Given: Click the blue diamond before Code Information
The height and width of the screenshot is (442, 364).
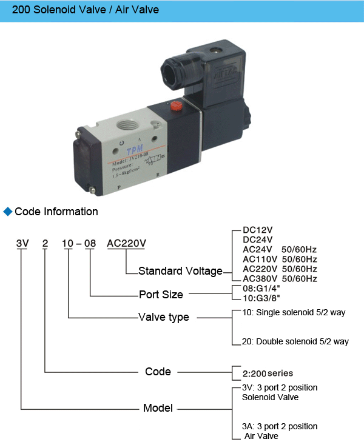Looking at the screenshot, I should (8, 212).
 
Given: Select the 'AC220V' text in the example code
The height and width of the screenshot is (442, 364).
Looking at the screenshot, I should (127, 244).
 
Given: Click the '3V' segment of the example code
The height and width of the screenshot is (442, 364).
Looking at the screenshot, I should (22, 244).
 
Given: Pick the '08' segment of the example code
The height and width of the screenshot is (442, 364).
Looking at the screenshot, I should (90, 244).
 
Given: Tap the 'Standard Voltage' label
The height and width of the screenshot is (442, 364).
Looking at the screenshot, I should (180, 271).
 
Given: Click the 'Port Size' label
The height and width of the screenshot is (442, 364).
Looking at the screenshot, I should (161, 295).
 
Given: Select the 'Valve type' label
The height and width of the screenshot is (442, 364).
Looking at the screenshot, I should (164, 317).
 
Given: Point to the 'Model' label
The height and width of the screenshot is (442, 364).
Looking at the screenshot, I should (158, 407).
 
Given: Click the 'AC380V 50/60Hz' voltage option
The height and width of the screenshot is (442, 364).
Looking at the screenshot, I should (280, 278).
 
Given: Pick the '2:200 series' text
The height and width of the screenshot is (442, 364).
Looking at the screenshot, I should (268, 373).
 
